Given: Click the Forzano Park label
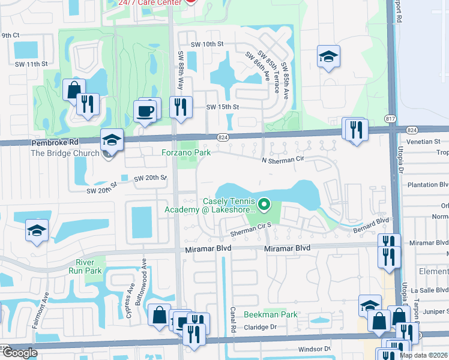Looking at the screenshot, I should [x=185, y=152].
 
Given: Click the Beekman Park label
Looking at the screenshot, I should [x=270, y=314].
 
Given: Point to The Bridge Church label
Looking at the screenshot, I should [x=65, y=153].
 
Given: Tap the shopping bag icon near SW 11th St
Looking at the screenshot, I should [x=74, y=90].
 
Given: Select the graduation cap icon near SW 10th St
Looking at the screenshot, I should [x=328, y=56].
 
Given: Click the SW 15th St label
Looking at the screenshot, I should [x=223, y=107].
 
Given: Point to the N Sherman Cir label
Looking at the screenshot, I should [x=283, y=159].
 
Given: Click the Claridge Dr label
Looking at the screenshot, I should [x=259, y=327].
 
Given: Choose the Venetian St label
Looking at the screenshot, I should [x=427, y=142].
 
